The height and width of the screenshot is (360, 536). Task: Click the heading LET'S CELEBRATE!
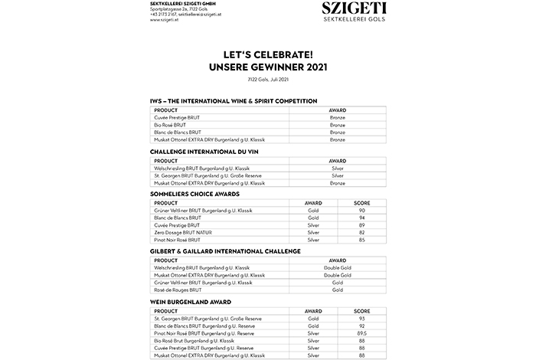pyautogui.click(x=268, y=55)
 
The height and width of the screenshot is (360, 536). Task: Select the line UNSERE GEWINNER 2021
pyautogui.click(x=268, y=67)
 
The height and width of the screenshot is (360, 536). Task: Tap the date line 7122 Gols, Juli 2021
pyautogui.click(x=268, y=80)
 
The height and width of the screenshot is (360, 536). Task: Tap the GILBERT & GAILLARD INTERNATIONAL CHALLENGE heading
pyautogui.click(x=225, y=251)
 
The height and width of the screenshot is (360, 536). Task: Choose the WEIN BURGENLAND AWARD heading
pyautogui.click(x=190, y=302)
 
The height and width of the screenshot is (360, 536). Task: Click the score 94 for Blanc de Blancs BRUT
pyautogui.click(x=361, y=218)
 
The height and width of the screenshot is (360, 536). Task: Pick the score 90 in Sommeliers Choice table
pyautogui.click(x=361, y=211)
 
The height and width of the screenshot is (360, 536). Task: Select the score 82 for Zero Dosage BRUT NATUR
pyautogui.click(x=361, y=232)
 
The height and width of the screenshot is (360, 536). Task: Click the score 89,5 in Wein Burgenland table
pyautogui.click(x=361, y=332)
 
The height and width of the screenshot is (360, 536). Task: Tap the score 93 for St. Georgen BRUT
pyautogui.click(x=361, y=318)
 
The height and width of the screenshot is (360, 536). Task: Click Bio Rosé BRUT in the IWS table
pyautogui.click(x=170, y=125)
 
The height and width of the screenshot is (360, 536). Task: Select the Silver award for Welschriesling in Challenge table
pyautogui.click(x=338, y=169)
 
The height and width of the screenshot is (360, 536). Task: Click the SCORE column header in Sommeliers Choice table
pyautogui.click(x=361, y=203)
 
